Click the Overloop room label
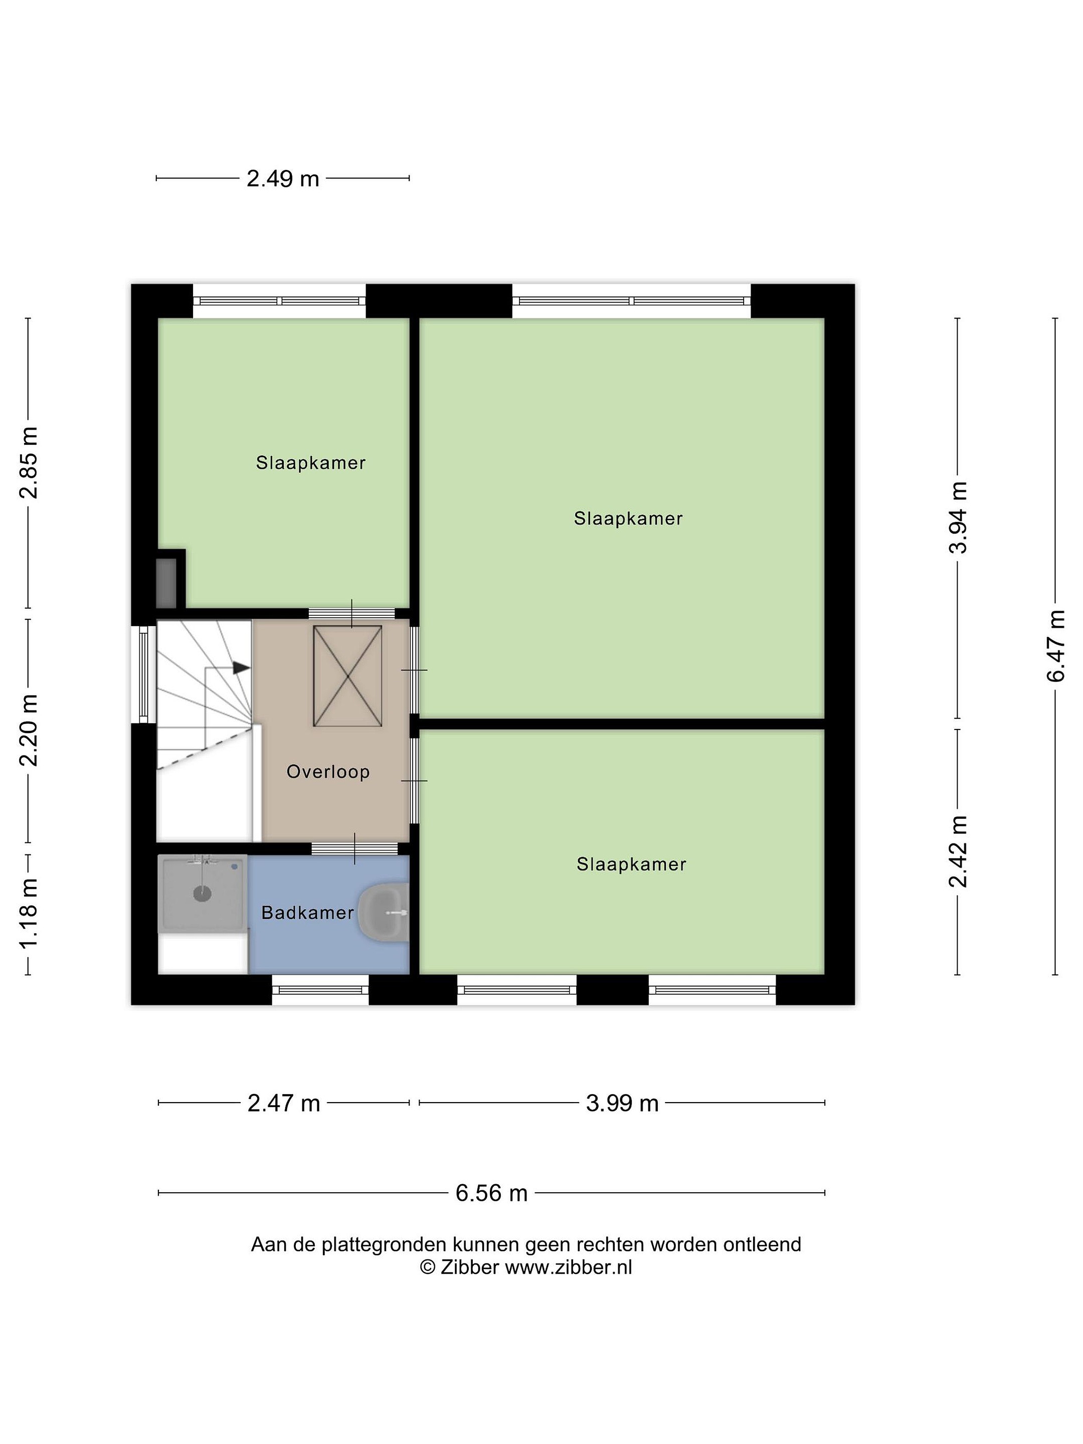[328, 772]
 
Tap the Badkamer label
[307, 913]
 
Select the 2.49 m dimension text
[283, 178]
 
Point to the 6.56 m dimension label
[491, 1193]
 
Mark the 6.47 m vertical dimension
[1055, 646]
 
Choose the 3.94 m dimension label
[958, 517]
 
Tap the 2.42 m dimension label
[958, 851]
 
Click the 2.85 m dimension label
[28, 462]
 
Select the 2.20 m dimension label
[28, 731]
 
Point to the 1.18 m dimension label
[28, 914]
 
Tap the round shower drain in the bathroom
[203, 893]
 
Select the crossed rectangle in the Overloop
[347, 676]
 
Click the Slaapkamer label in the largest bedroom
[628, 518]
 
